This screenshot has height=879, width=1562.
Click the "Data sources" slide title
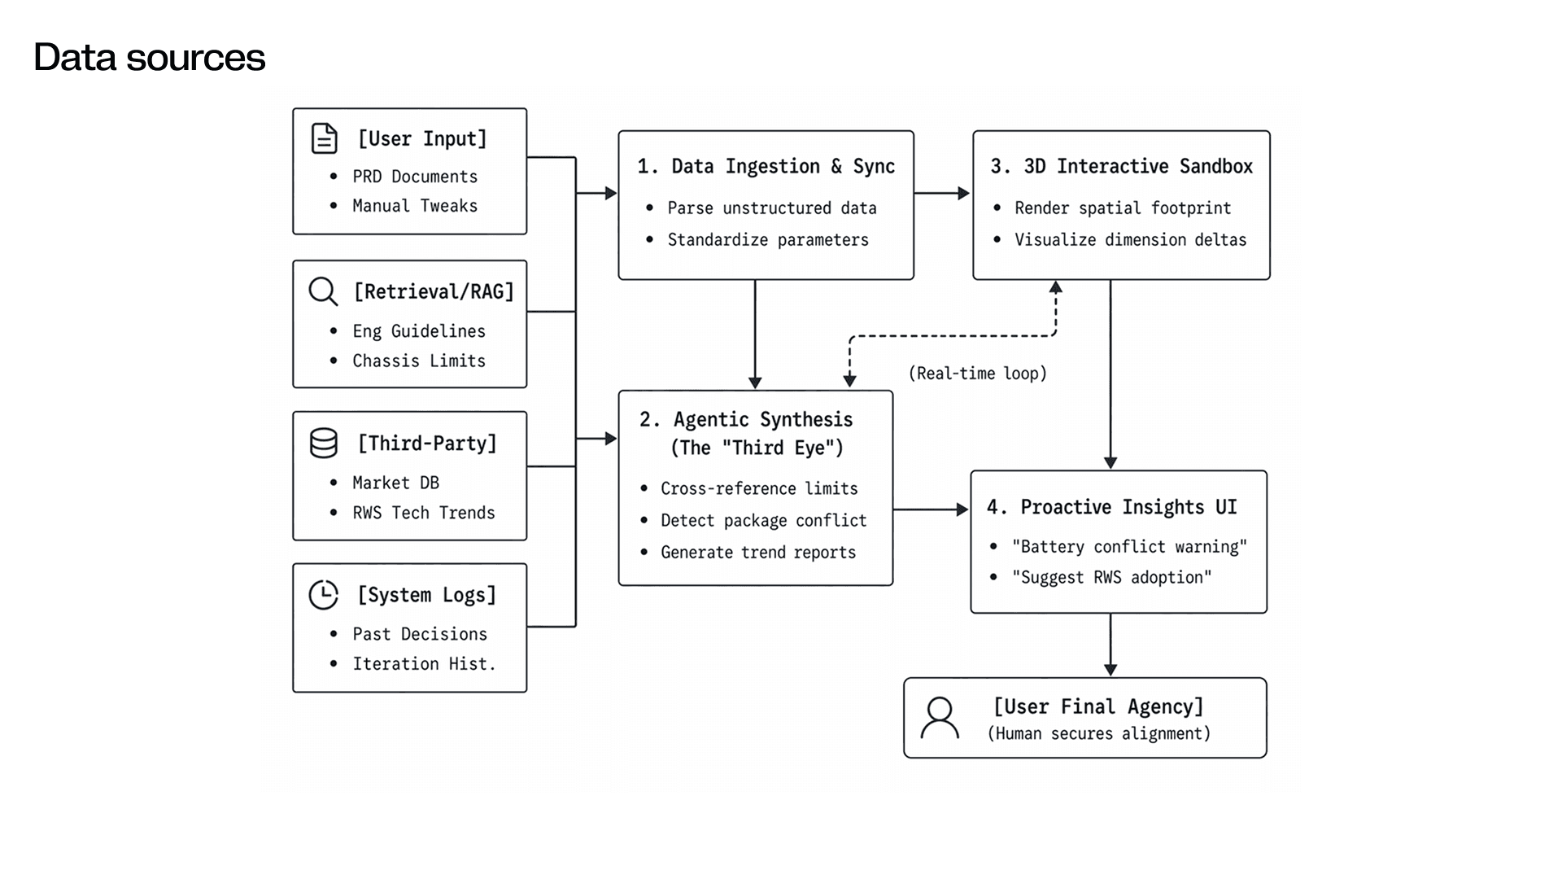[x=150, y=57]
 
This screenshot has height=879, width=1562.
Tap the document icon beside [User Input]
[x=325, y=138]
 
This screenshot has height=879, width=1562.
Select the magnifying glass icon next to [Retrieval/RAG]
[x=323, y=291]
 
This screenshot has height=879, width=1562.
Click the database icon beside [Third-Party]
[x=324, y=444]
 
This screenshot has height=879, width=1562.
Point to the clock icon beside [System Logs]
[x=324, y=595]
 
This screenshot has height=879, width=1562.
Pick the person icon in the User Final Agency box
[x=940, y=718]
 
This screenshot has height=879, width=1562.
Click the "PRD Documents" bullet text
[x=415, y=177]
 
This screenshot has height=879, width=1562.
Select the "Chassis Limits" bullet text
[x=419, y=361]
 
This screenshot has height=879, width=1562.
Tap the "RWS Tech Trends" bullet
[x=424, y=513]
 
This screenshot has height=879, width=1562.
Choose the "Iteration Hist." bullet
[x=424, y=664]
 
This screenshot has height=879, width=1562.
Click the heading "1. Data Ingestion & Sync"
[x=766, y=166]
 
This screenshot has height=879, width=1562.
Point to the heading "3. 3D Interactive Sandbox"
[x=1122, y=166]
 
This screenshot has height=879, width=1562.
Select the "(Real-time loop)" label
[x=978, y=374]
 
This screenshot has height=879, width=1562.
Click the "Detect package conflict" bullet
[x=764, y=520]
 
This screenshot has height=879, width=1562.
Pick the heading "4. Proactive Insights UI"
[x=1112, y=507]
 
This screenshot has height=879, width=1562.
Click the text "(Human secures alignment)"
[x=1099, y=734]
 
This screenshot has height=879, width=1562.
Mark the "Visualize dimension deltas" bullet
[x=1131, y=240]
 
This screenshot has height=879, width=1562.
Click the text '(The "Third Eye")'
[x=757, y=448]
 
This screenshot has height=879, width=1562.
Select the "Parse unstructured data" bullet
[x=772, y=208]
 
